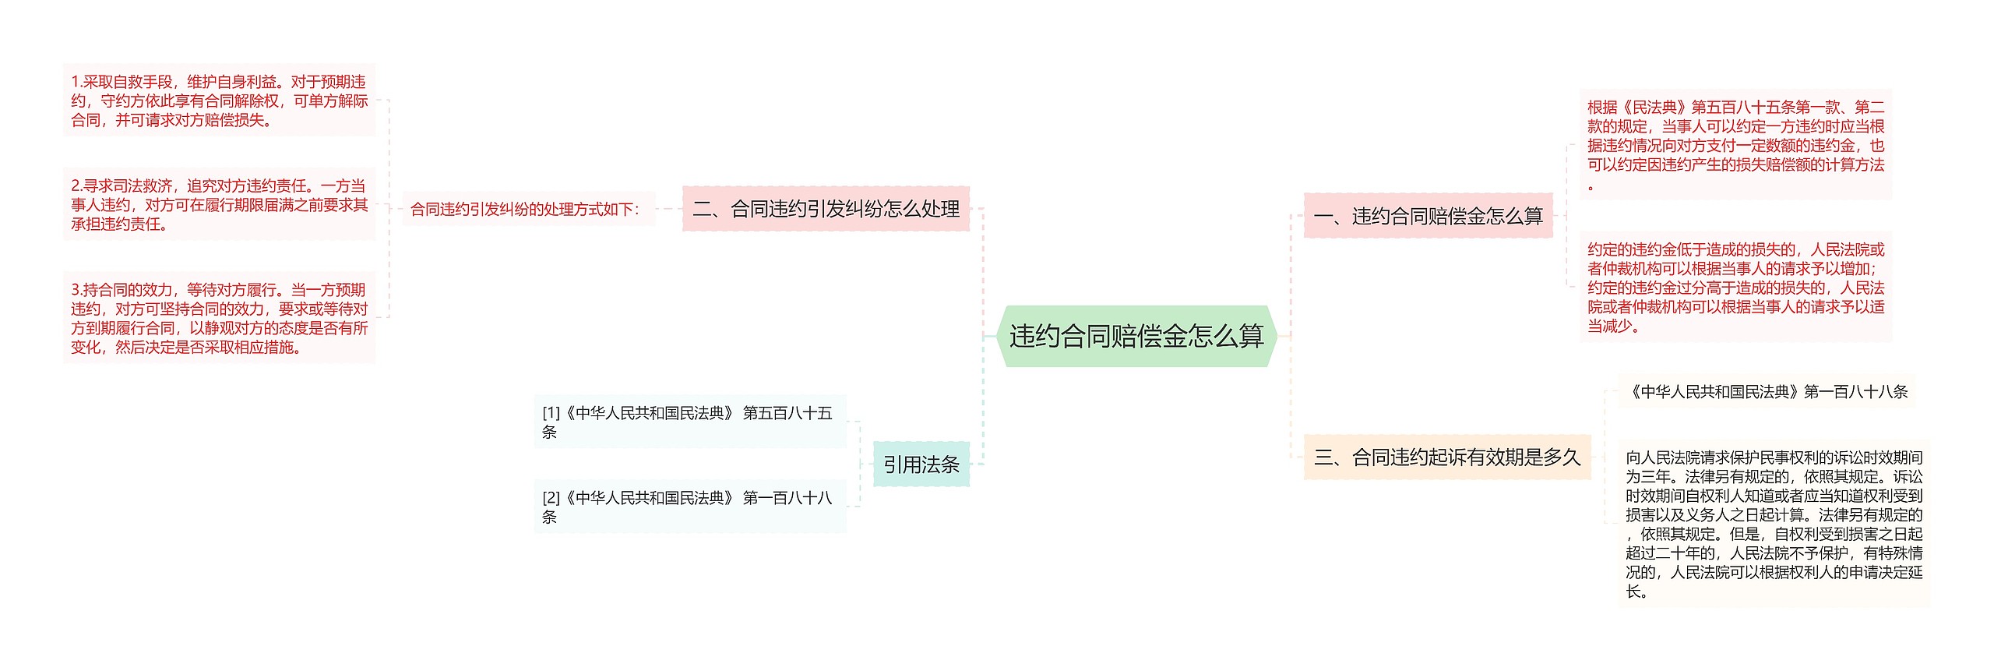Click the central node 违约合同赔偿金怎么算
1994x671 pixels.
tap(1136, 336)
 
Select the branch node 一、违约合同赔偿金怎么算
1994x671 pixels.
tap(1428, 216)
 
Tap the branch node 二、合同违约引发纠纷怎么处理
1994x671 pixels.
tap(826, 209)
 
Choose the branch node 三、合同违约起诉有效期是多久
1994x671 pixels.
tap(1446, 457)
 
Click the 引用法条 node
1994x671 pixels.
tap(921, 464)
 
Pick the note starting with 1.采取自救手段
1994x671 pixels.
tap(219, 101)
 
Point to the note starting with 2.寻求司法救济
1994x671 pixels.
tap(219, 204)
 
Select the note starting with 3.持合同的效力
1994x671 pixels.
tap(219, 318)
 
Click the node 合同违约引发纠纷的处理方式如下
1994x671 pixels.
tap(527, 209)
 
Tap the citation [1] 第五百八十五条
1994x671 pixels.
tap(689, 422)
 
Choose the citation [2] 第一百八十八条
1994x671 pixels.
tap(689, 507)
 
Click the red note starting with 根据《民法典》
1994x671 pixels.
tap(1735, 145)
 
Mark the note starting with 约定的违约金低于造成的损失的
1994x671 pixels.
tap(1735, 287)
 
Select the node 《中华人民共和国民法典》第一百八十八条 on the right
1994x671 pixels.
tap(1767, 391)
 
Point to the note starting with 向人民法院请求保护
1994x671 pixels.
tap(1774, 524)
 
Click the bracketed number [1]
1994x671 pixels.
tap(551, 413)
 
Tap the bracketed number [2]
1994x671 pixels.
tap(551, 498)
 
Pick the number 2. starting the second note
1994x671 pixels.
tap(76, 185)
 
